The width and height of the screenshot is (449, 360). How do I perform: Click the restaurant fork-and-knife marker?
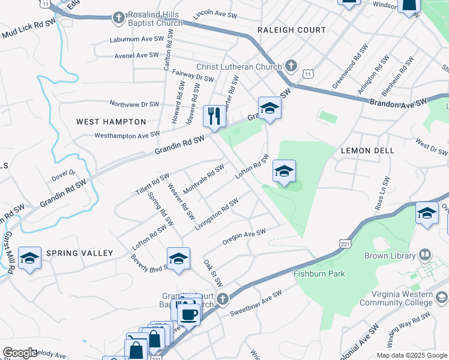click(214, 116)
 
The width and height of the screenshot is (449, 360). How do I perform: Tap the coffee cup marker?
click(189, 314)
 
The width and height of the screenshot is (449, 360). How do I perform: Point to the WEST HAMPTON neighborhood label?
click(111, 122)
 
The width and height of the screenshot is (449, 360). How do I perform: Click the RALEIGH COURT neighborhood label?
click(291, 30)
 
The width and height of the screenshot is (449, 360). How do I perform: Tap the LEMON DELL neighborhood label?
click(367, 151)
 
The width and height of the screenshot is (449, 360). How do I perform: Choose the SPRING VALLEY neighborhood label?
click(80, 253)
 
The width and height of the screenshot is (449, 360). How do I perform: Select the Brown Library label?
click(390, 256)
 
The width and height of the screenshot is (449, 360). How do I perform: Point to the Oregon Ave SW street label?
click(244, 236)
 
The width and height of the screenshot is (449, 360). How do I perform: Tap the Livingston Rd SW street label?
click(216, 214)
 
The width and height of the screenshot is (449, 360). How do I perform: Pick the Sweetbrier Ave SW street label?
click(256, 304)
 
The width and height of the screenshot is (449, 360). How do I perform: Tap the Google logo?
click(20, 353)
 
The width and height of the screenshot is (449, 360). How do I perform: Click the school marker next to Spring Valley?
click(29, 258)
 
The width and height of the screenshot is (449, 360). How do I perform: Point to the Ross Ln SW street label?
click(380, 193)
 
